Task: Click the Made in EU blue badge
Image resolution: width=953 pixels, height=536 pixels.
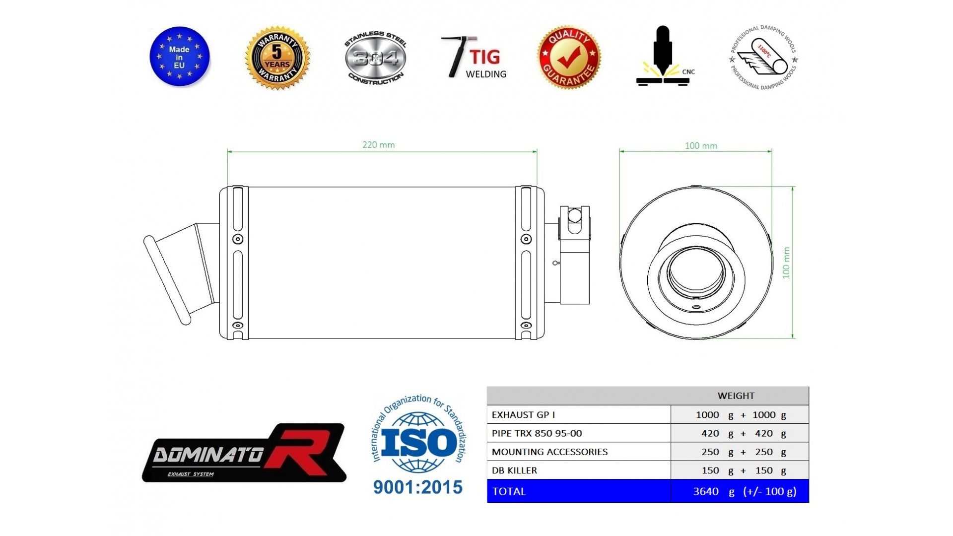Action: pos(180,57)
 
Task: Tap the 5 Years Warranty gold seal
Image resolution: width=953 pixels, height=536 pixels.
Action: pos(277,58)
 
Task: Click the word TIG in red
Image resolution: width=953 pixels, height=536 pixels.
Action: pos(485,57)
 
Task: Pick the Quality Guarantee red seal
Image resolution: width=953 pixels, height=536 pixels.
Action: pos(569,58)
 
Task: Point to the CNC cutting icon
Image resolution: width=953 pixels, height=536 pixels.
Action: pos(664,56)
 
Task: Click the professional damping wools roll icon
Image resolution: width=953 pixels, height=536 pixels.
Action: pos(763,58)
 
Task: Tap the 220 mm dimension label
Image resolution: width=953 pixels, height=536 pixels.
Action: pos(378,145)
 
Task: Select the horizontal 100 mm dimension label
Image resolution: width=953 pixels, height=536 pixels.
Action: pos(701,146)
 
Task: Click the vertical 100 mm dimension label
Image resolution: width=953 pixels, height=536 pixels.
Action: pos(786,263)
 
